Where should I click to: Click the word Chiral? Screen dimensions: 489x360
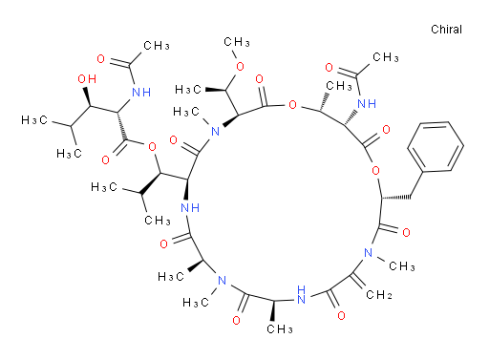[446, 30]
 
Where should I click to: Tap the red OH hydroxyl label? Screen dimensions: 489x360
[87, 78]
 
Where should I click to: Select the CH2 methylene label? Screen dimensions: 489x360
[379, 294]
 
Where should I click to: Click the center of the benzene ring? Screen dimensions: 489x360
[436, 147]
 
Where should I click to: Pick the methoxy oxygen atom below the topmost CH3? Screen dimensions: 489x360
[240, 67]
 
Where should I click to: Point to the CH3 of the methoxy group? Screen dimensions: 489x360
[237, 42]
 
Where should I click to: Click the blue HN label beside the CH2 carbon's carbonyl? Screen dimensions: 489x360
[301, 294]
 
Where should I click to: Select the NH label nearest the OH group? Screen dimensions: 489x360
[141, 93]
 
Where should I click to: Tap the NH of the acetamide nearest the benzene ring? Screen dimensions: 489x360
[367, 104]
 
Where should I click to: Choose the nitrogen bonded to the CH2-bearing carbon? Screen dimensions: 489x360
[369, 253]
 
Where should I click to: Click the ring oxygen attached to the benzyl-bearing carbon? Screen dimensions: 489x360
[375, 171]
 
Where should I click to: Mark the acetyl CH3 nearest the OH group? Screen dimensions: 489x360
[157, 46]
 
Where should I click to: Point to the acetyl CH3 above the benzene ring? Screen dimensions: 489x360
[386, 57]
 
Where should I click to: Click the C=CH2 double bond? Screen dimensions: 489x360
[357, 281]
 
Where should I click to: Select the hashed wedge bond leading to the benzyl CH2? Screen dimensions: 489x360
[395, 198]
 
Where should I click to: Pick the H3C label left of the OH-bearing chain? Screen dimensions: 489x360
[34, 120]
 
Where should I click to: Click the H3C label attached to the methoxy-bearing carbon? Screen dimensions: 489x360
[188, 90]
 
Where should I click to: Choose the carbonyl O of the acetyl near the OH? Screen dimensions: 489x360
[101, 59]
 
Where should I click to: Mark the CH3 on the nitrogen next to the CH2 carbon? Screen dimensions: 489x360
[402, 265]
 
